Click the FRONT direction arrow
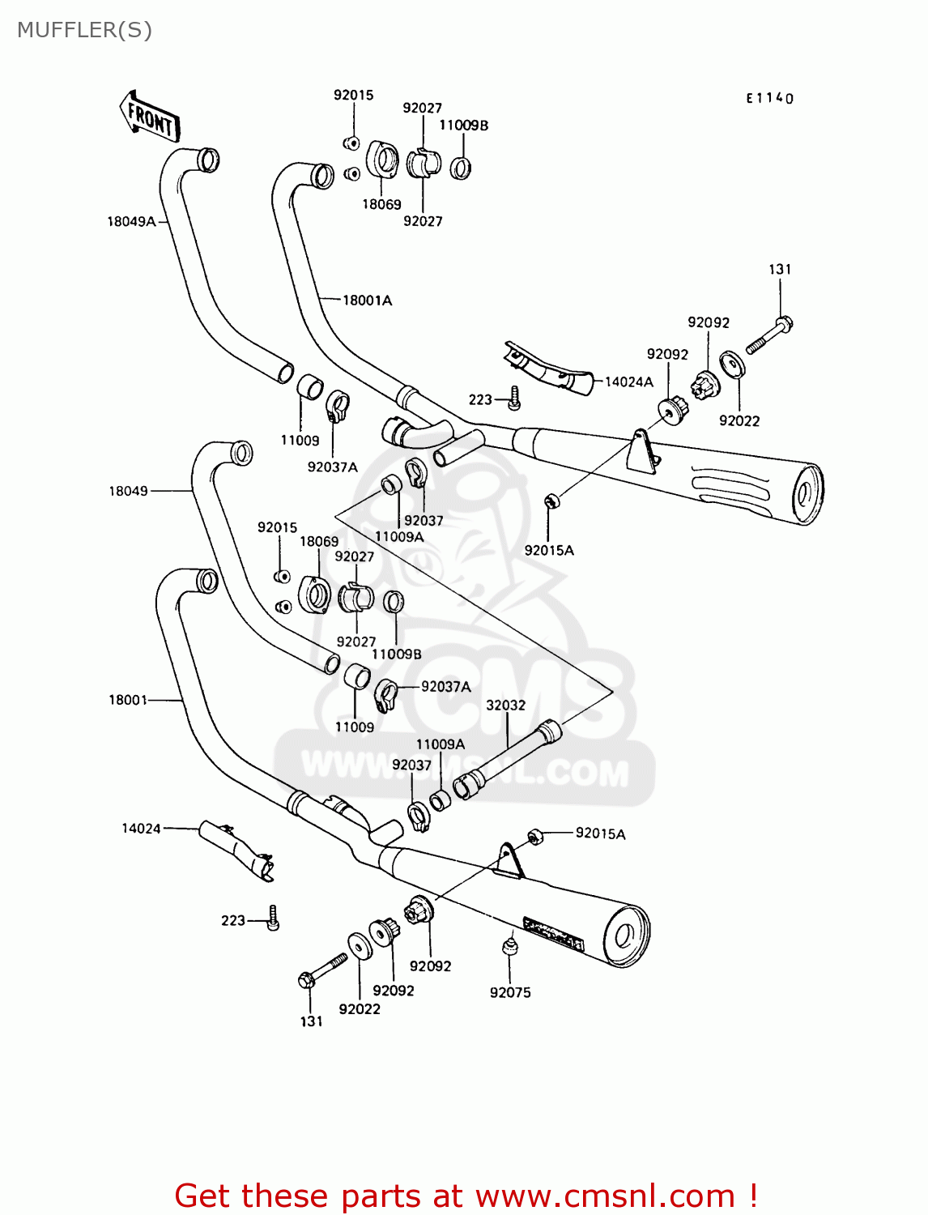click(151, 117)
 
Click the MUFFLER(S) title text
click(84, 30)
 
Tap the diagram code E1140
click(769, 98)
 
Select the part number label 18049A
click(131, 221)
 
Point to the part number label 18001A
click(367, 301)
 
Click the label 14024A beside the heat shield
click(629, 382)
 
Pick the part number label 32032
click(505, 705)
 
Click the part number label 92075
click(510, 992)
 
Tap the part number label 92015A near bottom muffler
click(600, 833)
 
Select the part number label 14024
click(141, 828)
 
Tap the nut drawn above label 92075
click(509, 945)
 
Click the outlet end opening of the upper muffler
click(806, 494)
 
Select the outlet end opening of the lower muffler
click(624, 936)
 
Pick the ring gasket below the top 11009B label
click(461, 168)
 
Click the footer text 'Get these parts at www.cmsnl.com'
click(466, 1196)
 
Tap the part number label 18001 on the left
click(128, 699)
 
